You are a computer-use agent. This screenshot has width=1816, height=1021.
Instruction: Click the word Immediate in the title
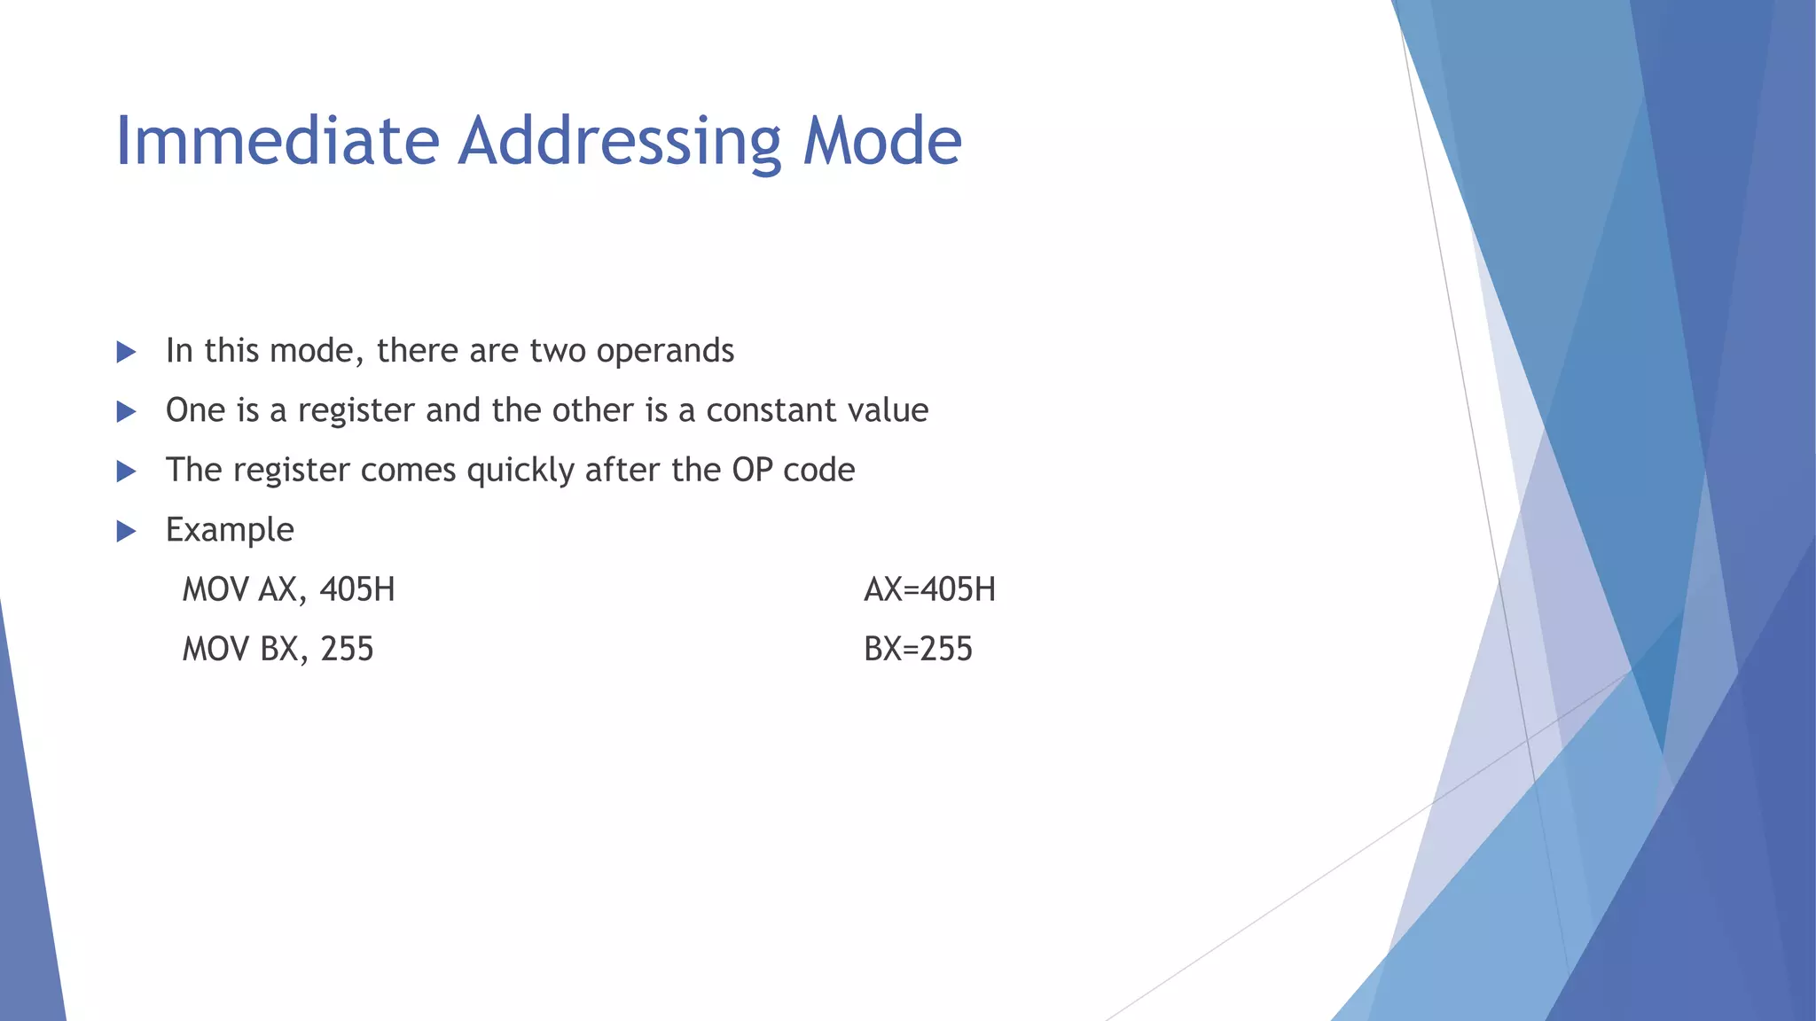pyautogui.click(x=278, y=141)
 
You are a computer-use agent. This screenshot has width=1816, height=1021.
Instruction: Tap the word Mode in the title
pyautogui.click(x=882, y=141)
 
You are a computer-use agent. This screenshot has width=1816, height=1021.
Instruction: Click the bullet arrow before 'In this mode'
pyautogui.click(x=127, y=353)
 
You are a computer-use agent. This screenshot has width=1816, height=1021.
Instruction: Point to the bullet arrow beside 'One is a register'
pyautogui.click(x=127, y=412)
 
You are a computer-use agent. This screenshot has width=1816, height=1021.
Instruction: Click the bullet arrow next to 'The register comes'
pyautogui.click(x=127, y=472)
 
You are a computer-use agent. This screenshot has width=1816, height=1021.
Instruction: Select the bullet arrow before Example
pyautogui.click(x=127, y=532)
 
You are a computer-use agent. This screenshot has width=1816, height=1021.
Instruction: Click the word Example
pyautogui.click(x=230, y=530)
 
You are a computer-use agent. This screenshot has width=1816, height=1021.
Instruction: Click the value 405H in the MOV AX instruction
pyautogui.click(x=356, y=589)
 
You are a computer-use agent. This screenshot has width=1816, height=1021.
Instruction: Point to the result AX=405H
pyautogui.click(x=929, y=589)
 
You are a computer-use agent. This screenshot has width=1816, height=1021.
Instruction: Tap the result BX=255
pyautogui.click(x=918, y=650)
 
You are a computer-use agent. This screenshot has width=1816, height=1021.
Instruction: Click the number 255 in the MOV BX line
pyautogui.click(x=347, y=650)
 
